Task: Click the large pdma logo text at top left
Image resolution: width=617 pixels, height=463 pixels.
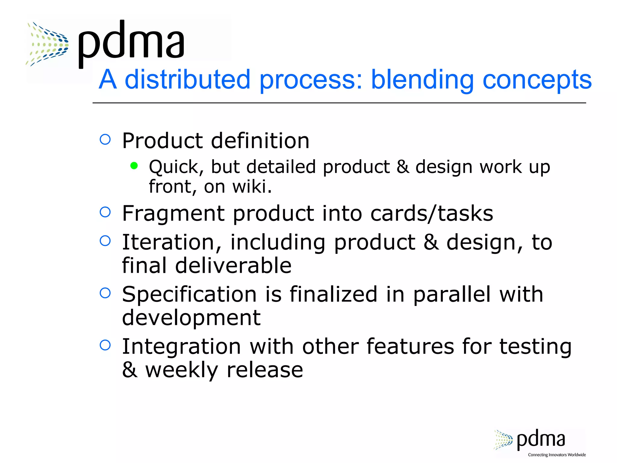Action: point(131,42)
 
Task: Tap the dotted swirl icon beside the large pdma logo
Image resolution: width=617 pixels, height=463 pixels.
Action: point(48,44)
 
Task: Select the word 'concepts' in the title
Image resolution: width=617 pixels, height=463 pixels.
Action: point(537,80)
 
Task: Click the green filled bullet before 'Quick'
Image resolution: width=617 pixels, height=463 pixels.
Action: point(134,165)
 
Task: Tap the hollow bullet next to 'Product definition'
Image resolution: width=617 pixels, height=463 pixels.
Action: point(105,139)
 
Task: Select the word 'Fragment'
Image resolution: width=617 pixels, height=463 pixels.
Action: point(173,214)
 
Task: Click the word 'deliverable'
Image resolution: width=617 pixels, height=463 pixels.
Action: point(233,266)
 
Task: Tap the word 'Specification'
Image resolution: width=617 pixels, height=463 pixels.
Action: point(189,294)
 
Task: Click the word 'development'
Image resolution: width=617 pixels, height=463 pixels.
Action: point(191,318)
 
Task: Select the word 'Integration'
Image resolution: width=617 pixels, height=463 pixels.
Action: point(181,346)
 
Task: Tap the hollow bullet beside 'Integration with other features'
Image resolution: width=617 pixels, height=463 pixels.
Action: point(105,345)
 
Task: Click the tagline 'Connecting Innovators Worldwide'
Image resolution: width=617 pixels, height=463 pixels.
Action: point(557,455)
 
